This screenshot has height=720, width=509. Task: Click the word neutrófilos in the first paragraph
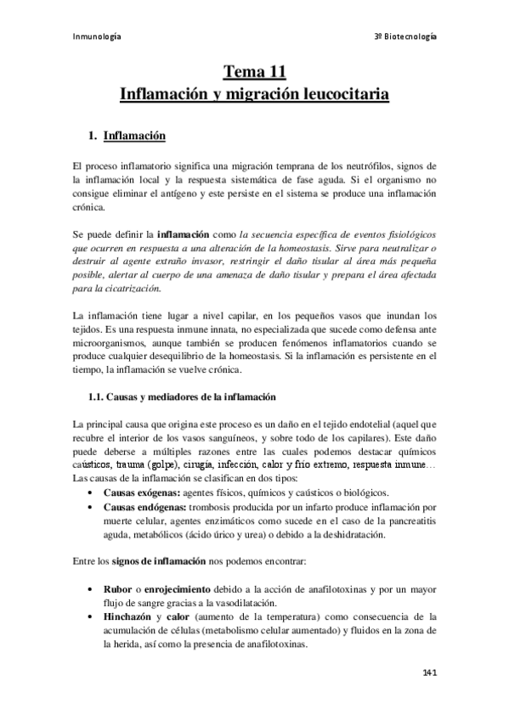[x=351, y=164]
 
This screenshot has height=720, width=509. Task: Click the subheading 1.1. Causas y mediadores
[x=182, y=399]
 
